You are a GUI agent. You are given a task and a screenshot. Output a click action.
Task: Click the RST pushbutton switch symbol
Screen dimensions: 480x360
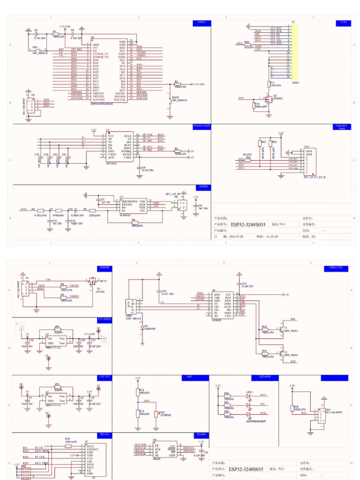[36, 50]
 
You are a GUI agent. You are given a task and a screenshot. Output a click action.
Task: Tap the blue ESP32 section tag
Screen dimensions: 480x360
[202, 22]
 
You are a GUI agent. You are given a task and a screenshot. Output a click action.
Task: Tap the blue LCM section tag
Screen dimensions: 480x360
[344, 22]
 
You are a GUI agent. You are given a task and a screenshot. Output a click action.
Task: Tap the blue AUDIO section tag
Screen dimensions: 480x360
[203, 187]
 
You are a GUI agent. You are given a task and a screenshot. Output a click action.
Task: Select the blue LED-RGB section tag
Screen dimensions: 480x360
[265, 376]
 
